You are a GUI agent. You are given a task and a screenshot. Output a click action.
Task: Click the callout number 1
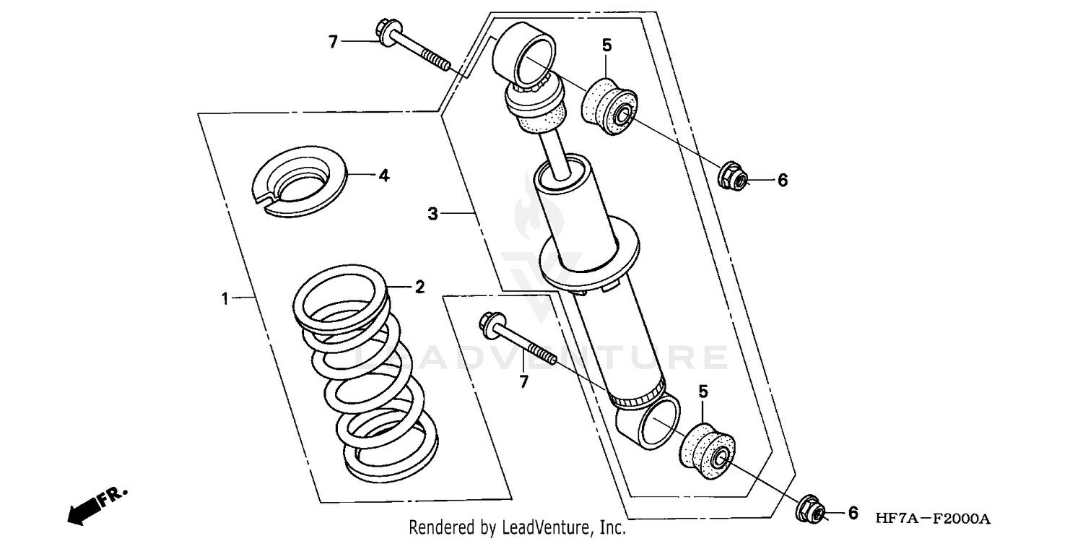[x=225, y=298]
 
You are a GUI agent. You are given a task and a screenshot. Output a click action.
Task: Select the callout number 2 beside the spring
[x=419, y=287]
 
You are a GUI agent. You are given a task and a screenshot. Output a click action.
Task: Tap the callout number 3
[x=432, y=213]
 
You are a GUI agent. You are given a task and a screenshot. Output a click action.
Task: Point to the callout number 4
[x=383, y=175]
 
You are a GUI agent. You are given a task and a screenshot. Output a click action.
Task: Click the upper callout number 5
[x=606, y=46]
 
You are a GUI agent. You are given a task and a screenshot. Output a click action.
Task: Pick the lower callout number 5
[x=703, y=391]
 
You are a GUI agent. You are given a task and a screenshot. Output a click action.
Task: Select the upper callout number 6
[x=782, y=181]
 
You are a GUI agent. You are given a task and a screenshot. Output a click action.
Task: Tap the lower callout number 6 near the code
[x=853, y=514]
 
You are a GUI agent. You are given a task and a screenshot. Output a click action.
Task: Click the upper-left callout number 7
[x=333, y=42]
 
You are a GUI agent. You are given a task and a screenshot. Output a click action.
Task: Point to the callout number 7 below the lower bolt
[x=523, y=381]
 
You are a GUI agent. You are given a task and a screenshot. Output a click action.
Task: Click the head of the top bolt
[x=383, y=31]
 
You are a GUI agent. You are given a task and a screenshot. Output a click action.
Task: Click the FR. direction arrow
[x=94, y=506]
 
